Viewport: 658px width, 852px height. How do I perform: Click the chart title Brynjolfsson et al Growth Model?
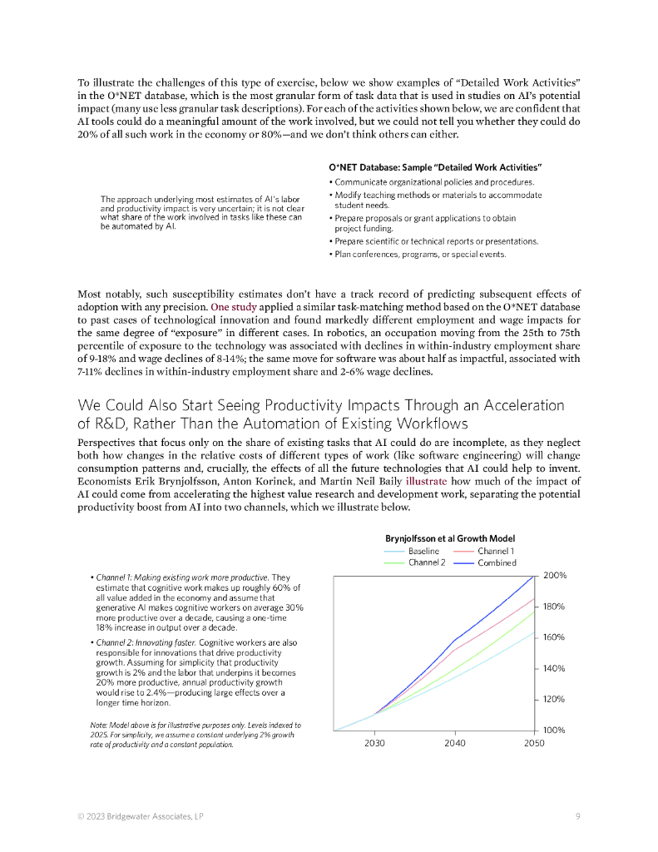tap(449, 537)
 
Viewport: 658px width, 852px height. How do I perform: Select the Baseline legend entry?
tap(423, 551)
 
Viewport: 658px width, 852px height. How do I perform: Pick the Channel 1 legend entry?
tap(496, 551)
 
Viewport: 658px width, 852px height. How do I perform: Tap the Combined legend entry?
tap(497, 562)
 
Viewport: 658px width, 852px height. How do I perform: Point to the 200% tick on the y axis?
tap(554, 576)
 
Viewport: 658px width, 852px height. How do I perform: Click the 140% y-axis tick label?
tap(554, 668)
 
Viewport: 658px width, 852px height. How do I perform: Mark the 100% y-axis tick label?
tap(554, 730)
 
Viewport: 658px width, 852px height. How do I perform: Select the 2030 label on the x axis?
tap(374, 743)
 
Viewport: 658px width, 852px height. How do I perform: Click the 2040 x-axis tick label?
tap(454, 743)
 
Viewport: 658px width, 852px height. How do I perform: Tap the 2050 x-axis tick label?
tap(534, 743)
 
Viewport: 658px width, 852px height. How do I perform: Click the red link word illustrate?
tap(426, 481)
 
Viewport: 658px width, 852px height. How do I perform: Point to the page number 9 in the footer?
tap(577, 816)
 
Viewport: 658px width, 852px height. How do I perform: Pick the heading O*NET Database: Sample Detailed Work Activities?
tap(435, 168)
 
